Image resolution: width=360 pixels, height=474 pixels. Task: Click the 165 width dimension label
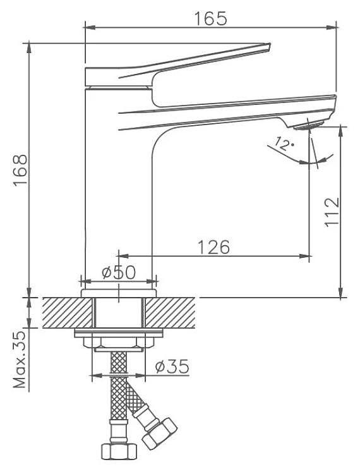[x=210, y=18]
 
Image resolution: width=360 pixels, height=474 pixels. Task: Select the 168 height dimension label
[x=21, y=170]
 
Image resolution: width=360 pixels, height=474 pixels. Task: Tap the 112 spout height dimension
[x=332, y=212]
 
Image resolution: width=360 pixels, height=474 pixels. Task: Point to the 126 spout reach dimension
[x=213, y=247]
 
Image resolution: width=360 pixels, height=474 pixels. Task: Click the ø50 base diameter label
[x=119, y=272]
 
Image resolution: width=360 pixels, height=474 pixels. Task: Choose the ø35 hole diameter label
[x=172, y=367]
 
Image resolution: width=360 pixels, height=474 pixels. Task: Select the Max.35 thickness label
[x=20, y=360]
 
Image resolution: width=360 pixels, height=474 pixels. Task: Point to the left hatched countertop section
[x=67, y=313]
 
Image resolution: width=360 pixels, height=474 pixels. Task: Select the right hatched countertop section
[x=170, y=313]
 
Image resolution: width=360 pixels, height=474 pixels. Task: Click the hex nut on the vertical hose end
[x=119, y=452]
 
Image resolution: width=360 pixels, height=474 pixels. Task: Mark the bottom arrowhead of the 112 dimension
[x=340, y=293]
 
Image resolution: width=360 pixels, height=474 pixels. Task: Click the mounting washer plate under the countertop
[x=119, y=333]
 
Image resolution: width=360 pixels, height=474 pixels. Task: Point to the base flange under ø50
[x=119, y=293]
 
